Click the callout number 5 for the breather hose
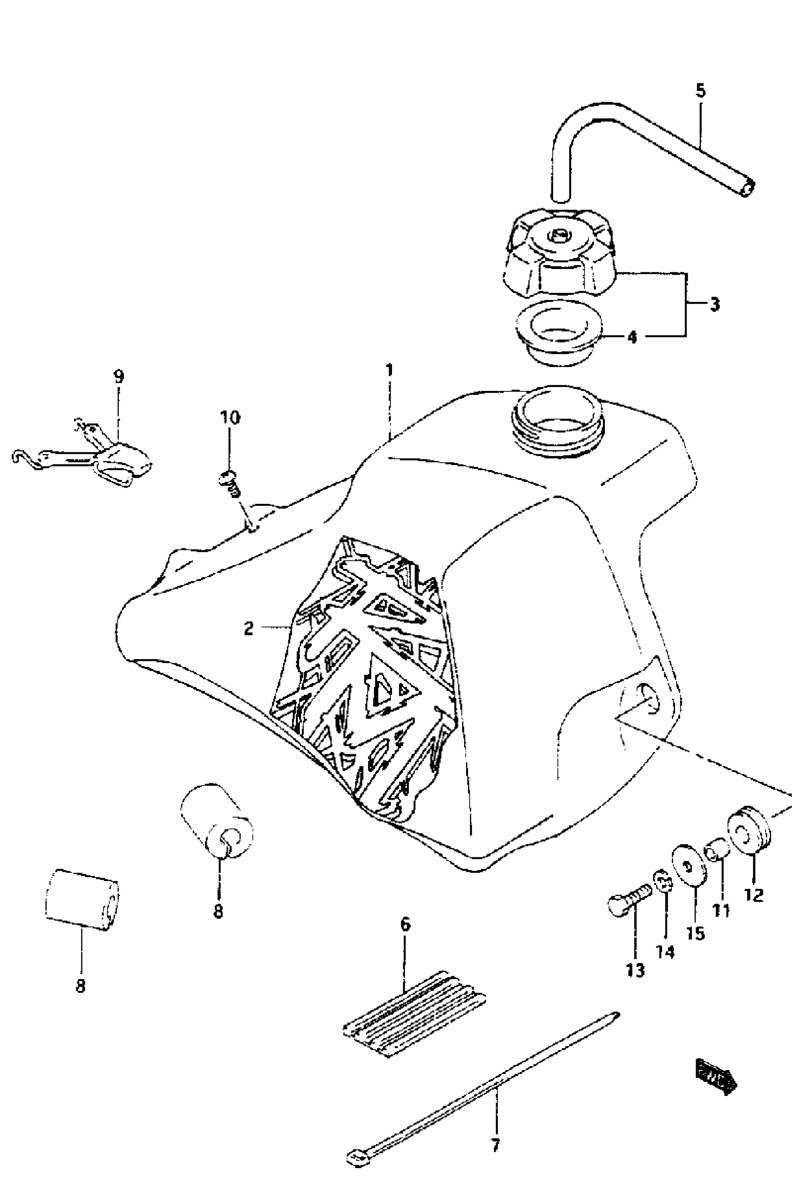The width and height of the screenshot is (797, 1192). [700, 91]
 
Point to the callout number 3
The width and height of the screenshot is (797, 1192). [714, 305]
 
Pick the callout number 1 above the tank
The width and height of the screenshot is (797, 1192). [389, 370]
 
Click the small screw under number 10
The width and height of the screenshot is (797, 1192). [230, 483]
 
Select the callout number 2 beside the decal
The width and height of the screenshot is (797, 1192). [248, 629]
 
